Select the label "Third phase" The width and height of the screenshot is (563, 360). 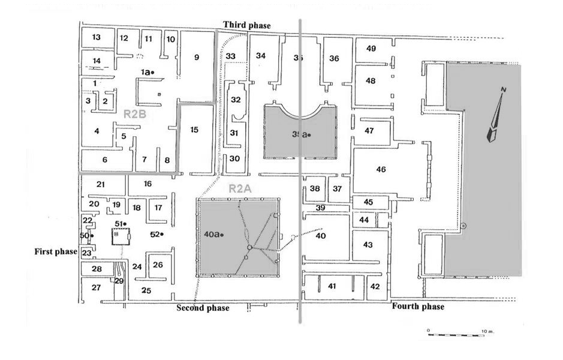(x=246, y=25)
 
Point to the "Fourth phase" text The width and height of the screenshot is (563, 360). (x=418, y=307)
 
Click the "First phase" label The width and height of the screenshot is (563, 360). (x=56, y=251)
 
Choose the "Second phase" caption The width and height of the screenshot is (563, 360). (x=202, y=308)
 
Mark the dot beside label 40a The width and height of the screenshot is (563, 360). (x=222, y=235)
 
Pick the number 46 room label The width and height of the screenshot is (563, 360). (x=381, y=169)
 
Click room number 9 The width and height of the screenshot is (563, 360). (x=195, y=58)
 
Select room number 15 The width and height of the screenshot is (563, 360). (x=194, y=130)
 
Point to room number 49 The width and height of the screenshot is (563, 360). (x=371, y=49)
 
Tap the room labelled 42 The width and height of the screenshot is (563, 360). (x=375, y=287)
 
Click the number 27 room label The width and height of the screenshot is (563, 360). (x=96, y=288)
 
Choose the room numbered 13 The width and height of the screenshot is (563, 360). (x=96, y=37)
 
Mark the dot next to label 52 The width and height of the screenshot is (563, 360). (x=162, y=234)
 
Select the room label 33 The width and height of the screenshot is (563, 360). (x=231, y=56)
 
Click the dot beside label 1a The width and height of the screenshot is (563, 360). (x=153, y=73)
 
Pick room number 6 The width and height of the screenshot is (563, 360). (x=104, y=160)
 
